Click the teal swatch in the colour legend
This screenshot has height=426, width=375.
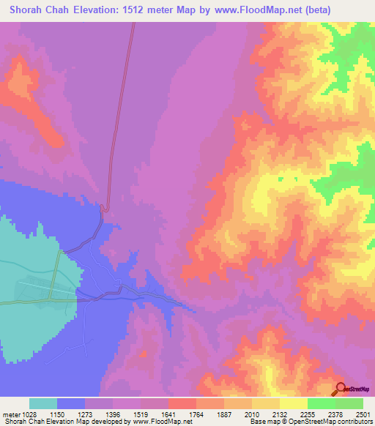(43, 404)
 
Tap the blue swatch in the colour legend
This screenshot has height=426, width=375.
(71, 404)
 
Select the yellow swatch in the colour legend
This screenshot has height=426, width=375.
(293, 404)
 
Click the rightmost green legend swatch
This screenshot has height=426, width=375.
(349, 404)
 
